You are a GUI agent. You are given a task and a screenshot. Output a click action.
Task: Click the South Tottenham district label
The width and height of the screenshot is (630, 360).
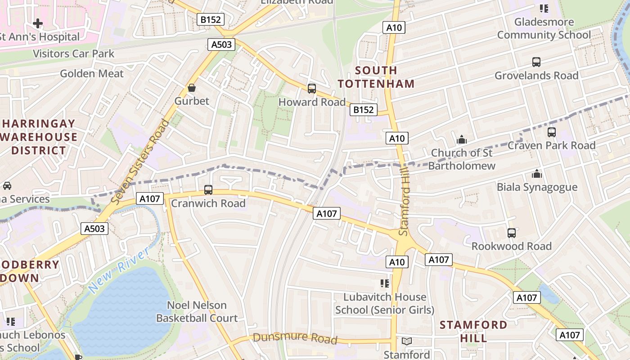(376, 77)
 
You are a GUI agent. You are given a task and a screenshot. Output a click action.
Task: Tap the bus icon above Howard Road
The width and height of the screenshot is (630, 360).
(311, 89)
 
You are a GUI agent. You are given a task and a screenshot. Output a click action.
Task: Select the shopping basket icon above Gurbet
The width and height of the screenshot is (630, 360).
(192, 88)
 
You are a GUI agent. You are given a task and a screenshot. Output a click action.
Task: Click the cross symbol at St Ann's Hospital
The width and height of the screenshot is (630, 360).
(38, 23)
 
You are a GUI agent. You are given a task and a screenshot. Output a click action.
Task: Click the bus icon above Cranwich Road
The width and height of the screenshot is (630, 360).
(208, 190)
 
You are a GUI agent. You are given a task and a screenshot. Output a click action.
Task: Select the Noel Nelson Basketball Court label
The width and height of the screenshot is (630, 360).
(197, 311)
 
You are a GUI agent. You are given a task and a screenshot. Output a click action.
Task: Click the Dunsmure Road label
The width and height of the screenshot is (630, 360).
(295, 337)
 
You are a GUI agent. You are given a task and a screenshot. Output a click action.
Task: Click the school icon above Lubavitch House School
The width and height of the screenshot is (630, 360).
(384, 283)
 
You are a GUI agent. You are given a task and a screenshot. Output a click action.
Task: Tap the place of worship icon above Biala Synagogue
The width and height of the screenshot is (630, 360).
(536, 174)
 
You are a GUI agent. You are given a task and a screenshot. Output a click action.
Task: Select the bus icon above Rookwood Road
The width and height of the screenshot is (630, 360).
(511, 233)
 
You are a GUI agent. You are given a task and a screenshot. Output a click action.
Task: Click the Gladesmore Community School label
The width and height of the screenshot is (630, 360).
(544, 28)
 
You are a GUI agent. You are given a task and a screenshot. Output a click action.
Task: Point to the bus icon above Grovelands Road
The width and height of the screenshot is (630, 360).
(536, 62)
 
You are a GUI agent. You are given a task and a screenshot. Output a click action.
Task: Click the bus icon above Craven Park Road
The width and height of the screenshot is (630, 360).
(551, 132)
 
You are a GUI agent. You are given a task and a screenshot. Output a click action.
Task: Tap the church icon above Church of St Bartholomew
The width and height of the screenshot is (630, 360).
(461, 140)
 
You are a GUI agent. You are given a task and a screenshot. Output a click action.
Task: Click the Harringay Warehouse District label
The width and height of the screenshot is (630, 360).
(39, 137)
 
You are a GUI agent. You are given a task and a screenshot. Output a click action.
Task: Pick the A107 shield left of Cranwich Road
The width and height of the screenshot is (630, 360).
(149, 198)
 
